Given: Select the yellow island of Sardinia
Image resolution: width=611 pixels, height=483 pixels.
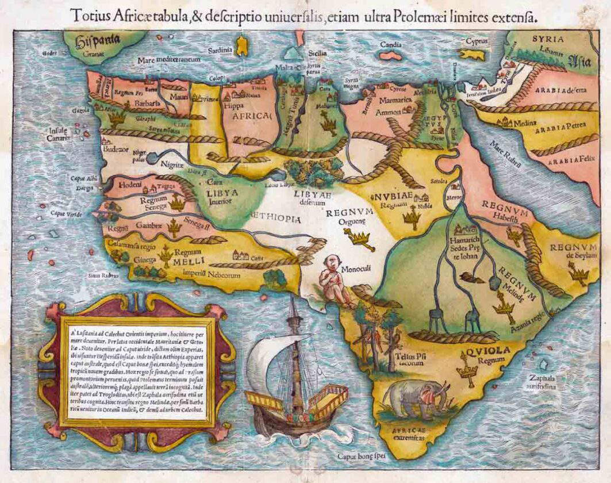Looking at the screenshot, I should click(242, 45).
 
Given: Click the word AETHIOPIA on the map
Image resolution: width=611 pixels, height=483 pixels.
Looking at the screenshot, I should click(275, 219).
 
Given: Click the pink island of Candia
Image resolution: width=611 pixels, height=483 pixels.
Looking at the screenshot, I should click(390, 55).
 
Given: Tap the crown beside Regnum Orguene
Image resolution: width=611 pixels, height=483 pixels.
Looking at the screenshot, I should click(360, 237).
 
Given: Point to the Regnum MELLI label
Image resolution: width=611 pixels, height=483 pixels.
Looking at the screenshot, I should click(189, 256).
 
